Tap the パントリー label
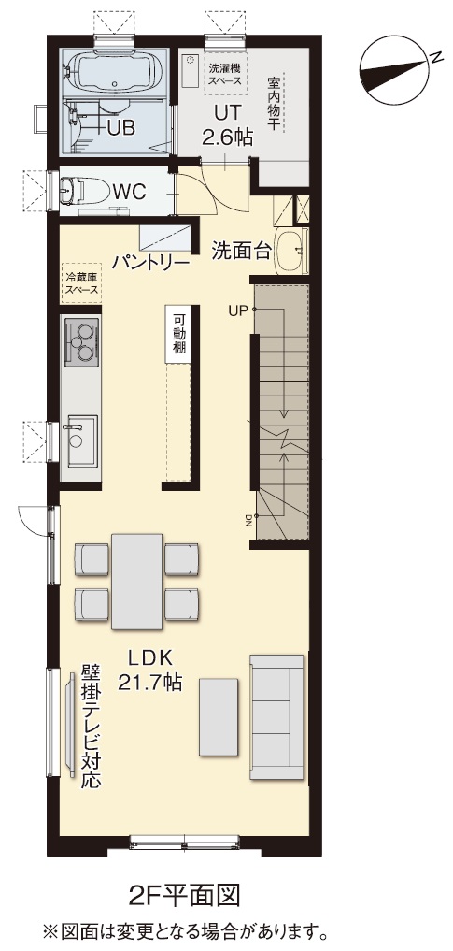[151, 263]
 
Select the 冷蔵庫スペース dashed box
[82, 283]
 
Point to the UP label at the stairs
[238, 311]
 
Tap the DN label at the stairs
[248, 520]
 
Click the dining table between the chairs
[137, 581]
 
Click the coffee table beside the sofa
[219, 717]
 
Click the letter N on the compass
[435, 56]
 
